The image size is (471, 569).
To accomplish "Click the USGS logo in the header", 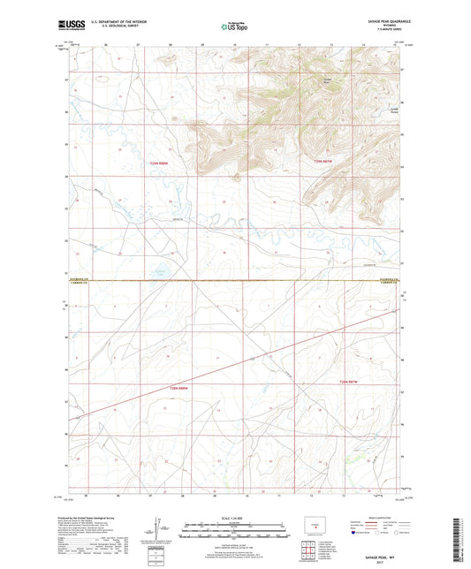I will (68, 27).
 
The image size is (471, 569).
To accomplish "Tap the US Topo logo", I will (235, 27).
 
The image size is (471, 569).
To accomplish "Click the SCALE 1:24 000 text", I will (235, 516).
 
